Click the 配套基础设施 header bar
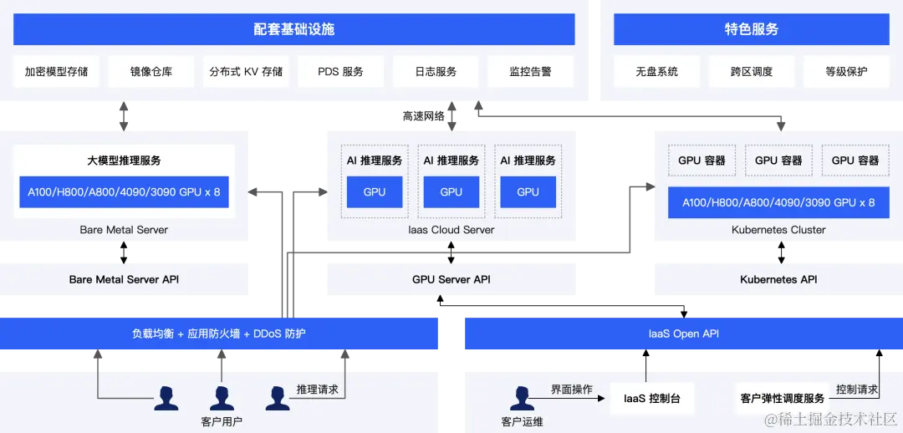tap(293, 29)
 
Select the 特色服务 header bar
tap(751, 29)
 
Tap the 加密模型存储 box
tap(56, 72)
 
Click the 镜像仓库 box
tap(151, 72)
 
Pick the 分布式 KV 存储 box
tap(246, 72)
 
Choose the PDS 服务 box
tap(340, 72)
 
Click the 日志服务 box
tap(436, 72)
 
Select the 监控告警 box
tap(530, 72)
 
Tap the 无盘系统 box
tap(656, 72)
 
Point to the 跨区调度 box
tap(751, 72)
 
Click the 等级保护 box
tap(846, 72)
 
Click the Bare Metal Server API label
tap(124, 279)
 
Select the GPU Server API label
tap(451, 279)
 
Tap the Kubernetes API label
tap(778, 279)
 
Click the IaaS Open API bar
tap(683, 334)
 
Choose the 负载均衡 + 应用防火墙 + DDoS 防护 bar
tap(219, 334)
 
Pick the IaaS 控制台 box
tap(652, 399)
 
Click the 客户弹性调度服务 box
tap(782, 399)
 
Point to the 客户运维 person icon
tap(523, 398)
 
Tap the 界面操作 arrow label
tap(571, 390)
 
